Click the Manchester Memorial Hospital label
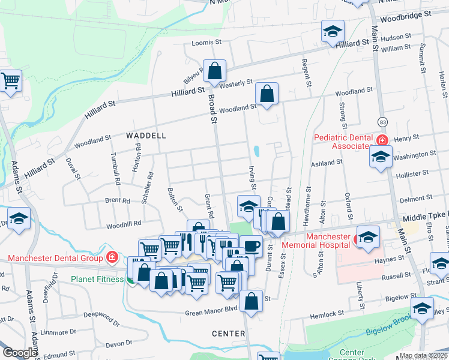tap(328, 241)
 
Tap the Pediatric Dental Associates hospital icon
tap(381, 140)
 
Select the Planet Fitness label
tap(97, 279)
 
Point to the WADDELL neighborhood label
tap(146, 136)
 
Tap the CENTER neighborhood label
tap(229, 334)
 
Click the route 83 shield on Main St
tap(382, 122)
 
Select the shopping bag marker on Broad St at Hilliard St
tap(214, 71)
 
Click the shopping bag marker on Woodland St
tap(267, 94)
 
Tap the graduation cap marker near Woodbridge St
tap(333, 32)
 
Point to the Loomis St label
tap(207, 43)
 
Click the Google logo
tap(20, 353)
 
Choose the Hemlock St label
tap(327, 314)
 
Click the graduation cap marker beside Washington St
tap(381, 157)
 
